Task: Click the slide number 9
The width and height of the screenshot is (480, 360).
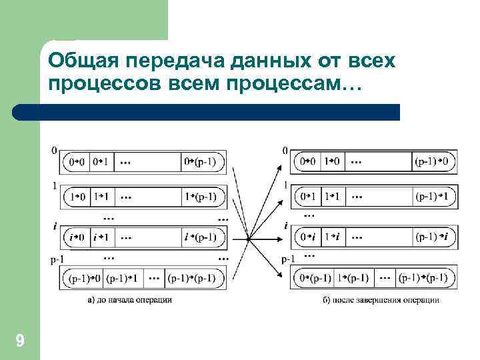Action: click(20, 342)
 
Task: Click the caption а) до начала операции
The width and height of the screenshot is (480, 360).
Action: click(130, 300)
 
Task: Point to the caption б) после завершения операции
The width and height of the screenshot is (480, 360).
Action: click(381, 300)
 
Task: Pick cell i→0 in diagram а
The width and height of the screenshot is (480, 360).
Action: click(77, 237)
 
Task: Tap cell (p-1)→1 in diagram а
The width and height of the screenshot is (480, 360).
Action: click(123, 277)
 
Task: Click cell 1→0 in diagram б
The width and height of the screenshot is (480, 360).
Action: click(331, 161)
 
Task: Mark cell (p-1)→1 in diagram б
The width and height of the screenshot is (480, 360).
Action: click(435, 197)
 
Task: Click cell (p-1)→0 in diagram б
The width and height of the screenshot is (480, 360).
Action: click(435, 161)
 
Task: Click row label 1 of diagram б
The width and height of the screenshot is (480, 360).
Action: click(285, 185)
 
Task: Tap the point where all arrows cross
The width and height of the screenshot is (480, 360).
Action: click(248, 238)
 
